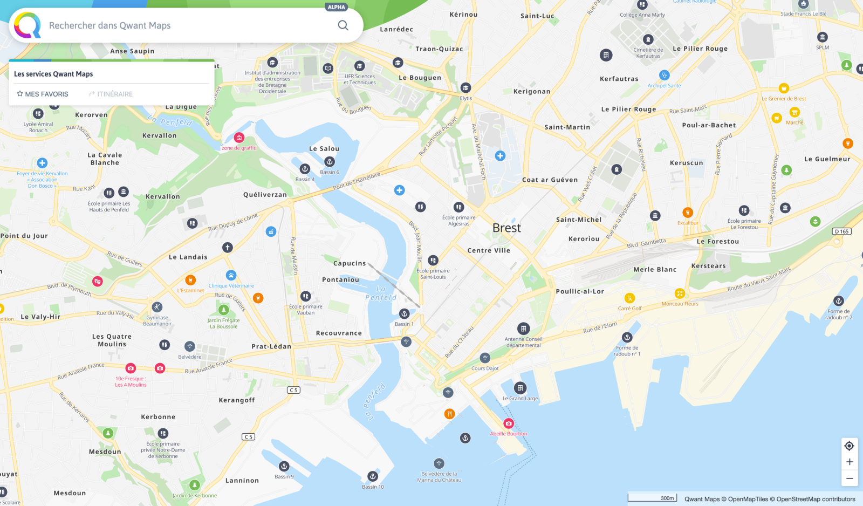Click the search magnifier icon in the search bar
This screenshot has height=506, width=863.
343,25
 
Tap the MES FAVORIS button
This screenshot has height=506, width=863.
43,94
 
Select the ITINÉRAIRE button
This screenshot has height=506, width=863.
111,94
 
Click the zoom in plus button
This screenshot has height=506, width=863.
849,462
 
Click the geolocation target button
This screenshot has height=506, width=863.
849,446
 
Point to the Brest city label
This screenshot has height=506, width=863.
506,228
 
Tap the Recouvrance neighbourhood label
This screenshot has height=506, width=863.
339,333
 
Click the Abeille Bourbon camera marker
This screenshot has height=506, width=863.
509,423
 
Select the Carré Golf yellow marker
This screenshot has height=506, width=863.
629,298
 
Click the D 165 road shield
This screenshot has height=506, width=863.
841,231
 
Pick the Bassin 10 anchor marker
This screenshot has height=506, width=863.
373,476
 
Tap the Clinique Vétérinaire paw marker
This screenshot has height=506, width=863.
231,275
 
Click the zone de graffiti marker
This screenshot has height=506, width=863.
239,138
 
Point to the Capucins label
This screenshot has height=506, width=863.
350,264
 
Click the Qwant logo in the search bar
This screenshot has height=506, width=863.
28,25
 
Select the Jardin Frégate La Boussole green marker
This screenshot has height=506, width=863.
223,310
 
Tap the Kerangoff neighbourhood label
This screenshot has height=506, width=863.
237,400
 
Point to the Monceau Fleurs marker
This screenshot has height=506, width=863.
680,293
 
